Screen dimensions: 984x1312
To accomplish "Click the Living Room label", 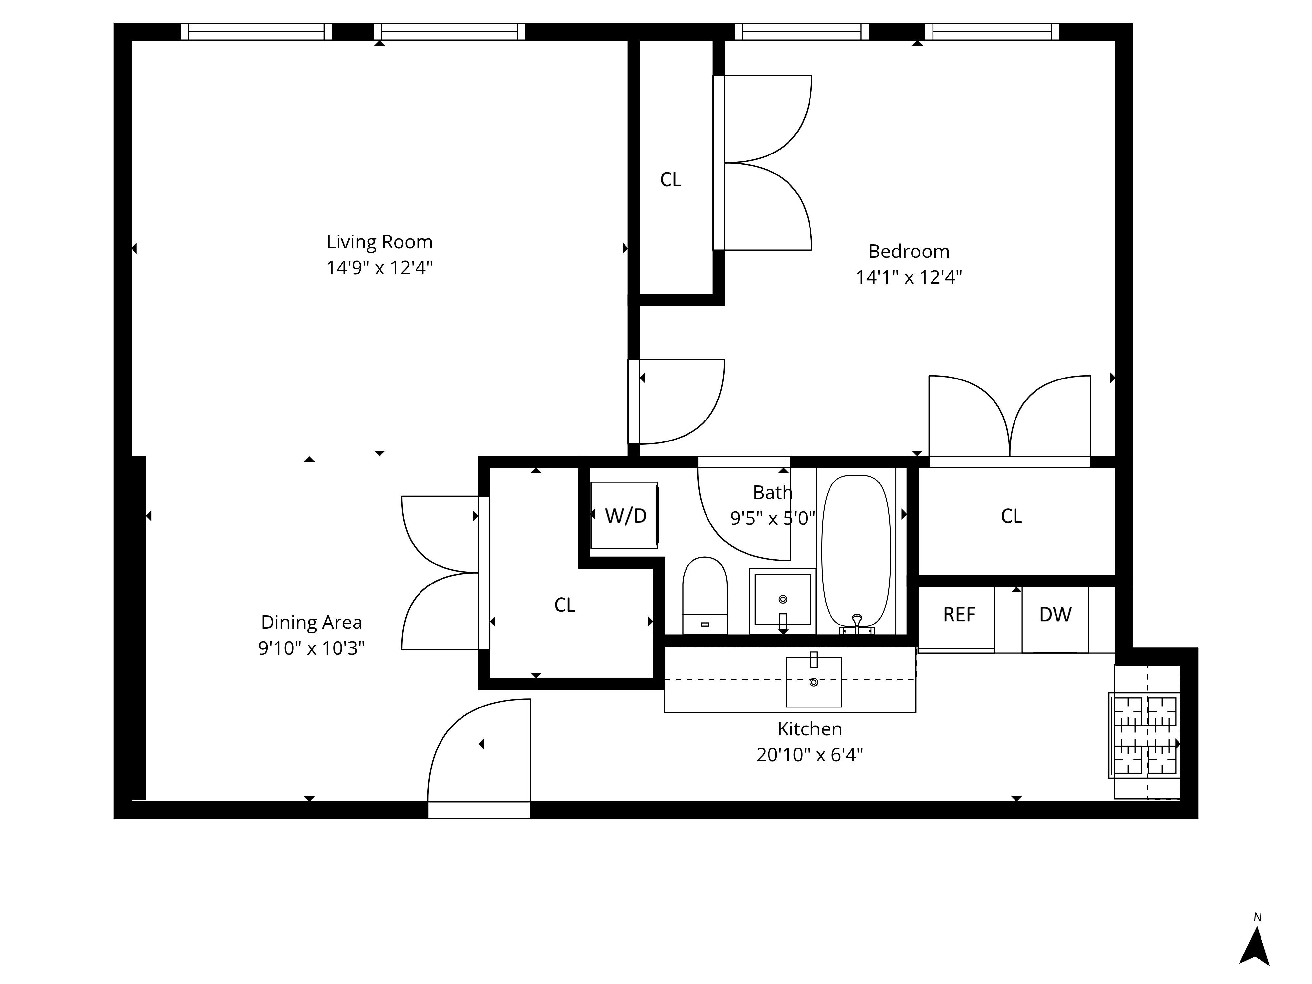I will coord(379,242).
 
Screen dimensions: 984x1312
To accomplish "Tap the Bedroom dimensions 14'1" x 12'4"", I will coord(908,277).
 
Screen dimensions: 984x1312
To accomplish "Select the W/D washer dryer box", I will coord(625,515).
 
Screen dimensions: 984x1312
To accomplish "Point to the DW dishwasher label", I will coord(1055,614).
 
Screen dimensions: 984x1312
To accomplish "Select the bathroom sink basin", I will coord(782,599).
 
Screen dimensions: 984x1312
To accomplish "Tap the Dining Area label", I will coord(311,622).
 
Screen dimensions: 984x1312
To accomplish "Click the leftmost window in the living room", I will coord(256,31).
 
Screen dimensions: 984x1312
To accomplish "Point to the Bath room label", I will coord(772,492).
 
